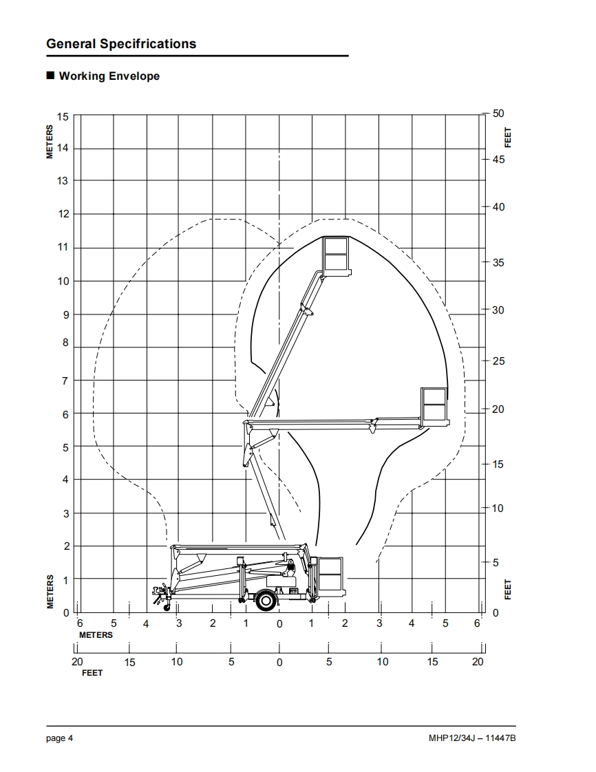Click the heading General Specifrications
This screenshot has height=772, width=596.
tap(121, 44)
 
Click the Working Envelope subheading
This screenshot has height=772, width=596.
tap(109, 76)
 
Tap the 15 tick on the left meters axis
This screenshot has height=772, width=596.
tap(63, 117)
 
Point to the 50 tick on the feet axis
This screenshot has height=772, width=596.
tap(498, 114)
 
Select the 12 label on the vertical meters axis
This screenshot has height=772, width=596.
tap(63, 214)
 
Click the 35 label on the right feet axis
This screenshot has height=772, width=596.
tap(498, 262)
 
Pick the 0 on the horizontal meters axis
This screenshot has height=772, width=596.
tap(279, 624)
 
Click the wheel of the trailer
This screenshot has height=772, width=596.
tap(266, 600)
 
